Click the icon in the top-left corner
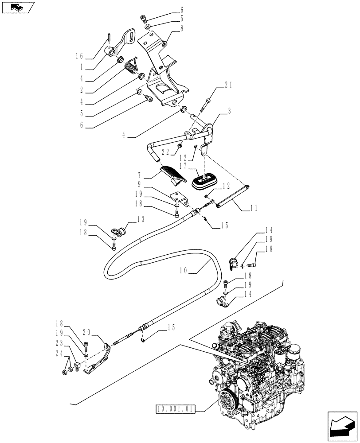click(x=17, y=7)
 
